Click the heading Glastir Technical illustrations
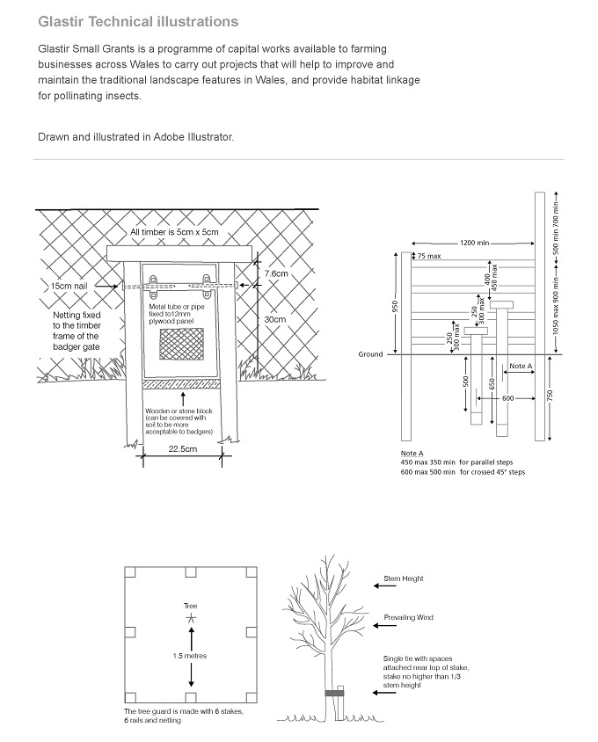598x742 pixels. pyautogui.click(x=138, y=22)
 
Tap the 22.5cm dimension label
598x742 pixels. pyautogui.click(x=183, y=448)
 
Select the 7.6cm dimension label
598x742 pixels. pyautogui.click(x=276, y=273)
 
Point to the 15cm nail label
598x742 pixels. pyautogui.click(x=69, y=286)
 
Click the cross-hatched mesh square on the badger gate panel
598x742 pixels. pyautogui.click(x=181, y=344)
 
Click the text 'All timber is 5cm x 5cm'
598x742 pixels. pyautogui.click(x=174, y=232)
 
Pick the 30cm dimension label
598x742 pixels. pyautogui.click(x=275, y=319)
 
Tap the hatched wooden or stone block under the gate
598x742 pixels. pyautogui.click(x=181, y=384)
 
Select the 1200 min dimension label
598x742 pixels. pyautogui.click(x=474, y=243)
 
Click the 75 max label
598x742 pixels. pyautogui.click(x=429, y=256)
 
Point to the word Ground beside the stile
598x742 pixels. pyautogui.click(x=370, y=354)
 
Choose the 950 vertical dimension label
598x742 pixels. pyautogui.click(x=396, y=306)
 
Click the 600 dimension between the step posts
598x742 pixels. pyautogui.click(x=507, y=398)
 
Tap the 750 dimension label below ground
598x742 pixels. pyautogui.click(x=550, y=396)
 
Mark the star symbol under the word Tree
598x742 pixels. pyautogui.click(x=190, y=617)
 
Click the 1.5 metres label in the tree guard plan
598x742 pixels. pyautogui.click(x=190, y=656)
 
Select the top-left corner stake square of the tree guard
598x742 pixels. pyautogui.click(x=130, y=572)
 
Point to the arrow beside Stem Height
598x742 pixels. pyautogui.click(x=384, y=586)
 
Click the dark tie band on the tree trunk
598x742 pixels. pyautogui.click(x=334, y=694)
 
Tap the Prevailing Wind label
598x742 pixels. pyautogui.click(x=409, y=617)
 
